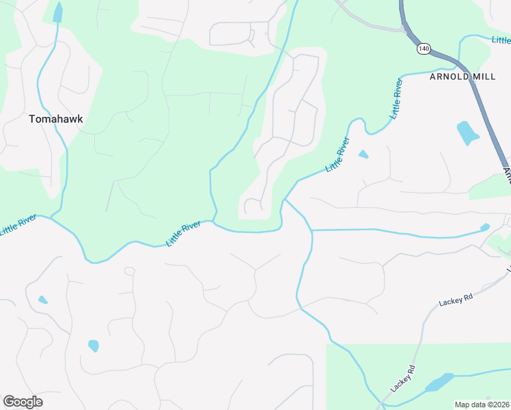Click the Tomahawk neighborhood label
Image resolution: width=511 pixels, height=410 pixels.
(x=56, y=119)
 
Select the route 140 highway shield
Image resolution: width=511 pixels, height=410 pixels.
(x=424, y=49)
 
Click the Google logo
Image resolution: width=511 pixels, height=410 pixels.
(x=23, y=402)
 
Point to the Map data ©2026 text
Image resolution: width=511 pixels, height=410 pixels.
(x=482, y=405)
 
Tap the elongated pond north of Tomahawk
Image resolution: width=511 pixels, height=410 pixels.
(x=57, y=12)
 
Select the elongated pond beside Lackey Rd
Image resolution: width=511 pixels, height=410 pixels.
(x=439, y=383)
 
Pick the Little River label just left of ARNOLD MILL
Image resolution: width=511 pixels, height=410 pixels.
(x=396, y=99)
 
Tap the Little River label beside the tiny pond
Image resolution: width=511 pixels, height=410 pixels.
(x=337, y=154)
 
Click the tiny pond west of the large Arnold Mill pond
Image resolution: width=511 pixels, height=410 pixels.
(x=363, y=154)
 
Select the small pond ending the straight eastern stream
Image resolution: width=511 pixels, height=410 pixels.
(x=485, y=227)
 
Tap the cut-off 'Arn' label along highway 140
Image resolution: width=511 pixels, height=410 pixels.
(x=507, y=174)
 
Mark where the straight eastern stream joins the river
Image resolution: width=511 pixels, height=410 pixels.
(x=312, y=230)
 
